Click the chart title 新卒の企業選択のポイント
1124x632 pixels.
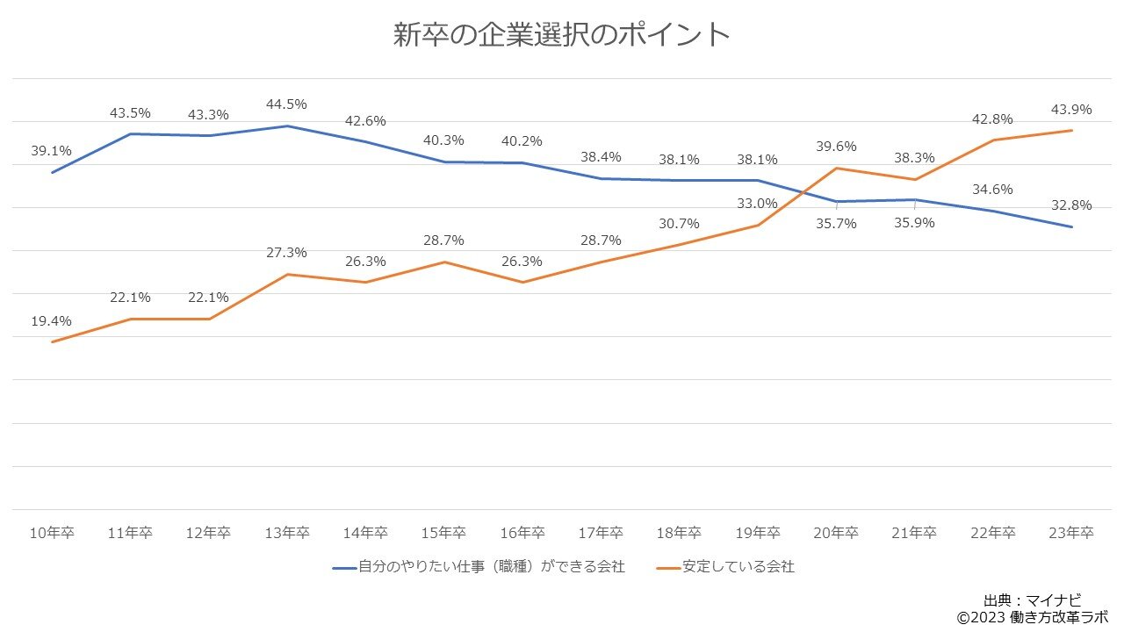tap(561, 35)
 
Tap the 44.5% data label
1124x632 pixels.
tap(287, 104)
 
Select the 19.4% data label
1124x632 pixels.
tap(51, 321)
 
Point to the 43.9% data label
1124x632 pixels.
tap(1071, 110)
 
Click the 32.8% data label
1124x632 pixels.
tap(1071, 205)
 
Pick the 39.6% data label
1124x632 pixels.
tap(836, 147)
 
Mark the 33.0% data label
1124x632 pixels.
tap(757, 204)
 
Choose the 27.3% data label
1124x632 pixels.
tap(287, 253)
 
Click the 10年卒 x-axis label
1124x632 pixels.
tap(51, 533)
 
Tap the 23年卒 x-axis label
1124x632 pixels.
tap(1071, 533)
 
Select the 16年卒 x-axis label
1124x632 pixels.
tap(522, 533)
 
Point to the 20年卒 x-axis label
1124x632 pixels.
tap(836, 533)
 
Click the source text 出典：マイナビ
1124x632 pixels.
tap(1033, 601)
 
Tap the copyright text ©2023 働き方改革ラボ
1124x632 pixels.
tap(1033, 617)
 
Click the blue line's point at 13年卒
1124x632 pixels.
tap(287, 126)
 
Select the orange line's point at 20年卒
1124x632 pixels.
tap(836, 168)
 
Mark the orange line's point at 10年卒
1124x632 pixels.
tap(52, 341)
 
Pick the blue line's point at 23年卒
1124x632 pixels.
tap(1071, 227)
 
